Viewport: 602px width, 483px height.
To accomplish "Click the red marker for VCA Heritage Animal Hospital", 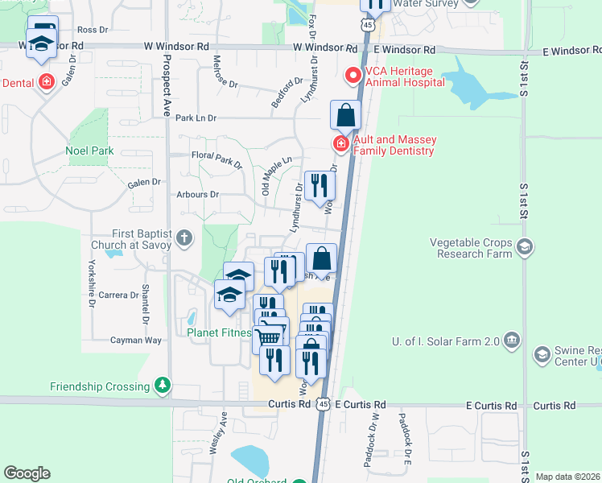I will click(x=352, y=76).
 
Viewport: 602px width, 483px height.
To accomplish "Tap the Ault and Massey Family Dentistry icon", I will click(x=341, y=144).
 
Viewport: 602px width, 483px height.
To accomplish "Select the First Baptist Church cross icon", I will click(x=184, y=237).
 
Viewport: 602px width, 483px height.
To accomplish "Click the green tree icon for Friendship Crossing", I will click(x=163, y=386).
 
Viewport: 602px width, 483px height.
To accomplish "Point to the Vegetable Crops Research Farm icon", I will click(x=525, y=246).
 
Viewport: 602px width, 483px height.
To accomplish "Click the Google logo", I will click(x=27, y=473).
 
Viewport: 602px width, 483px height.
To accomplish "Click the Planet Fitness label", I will click(x=219, y=332).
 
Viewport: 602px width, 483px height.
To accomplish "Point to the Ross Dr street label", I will click(x=93, y=30).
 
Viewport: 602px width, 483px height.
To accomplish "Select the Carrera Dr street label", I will click(x=118, y=295).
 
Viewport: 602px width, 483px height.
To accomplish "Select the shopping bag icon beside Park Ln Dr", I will click(x=345, y=115).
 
